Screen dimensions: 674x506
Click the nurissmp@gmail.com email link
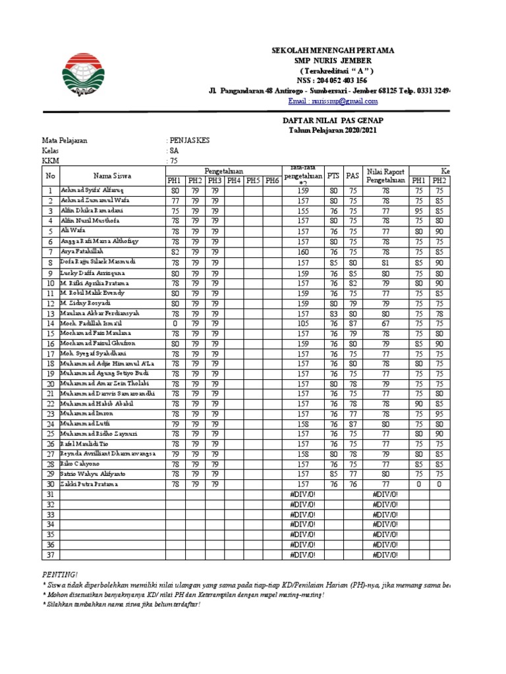(x=325, y=102)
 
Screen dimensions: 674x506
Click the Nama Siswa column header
(x=112, y=176)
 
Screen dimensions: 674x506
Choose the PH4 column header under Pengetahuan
(x=233, y=180)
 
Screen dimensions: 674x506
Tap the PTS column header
(x=334, y=176)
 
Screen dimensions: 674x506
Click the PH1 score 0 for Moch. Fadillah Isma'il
(x=175, y=323)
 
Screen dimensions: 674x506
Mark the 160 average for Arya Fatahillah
(x=302, y=251)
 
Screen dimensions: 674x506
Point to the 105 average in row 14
(x=302, y=323)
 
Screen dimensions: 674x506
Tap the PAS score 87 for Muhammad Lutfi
(x=353, y=424)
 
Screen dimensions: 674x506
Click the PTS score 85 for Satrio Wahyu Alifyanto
(x=334, y=474)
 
